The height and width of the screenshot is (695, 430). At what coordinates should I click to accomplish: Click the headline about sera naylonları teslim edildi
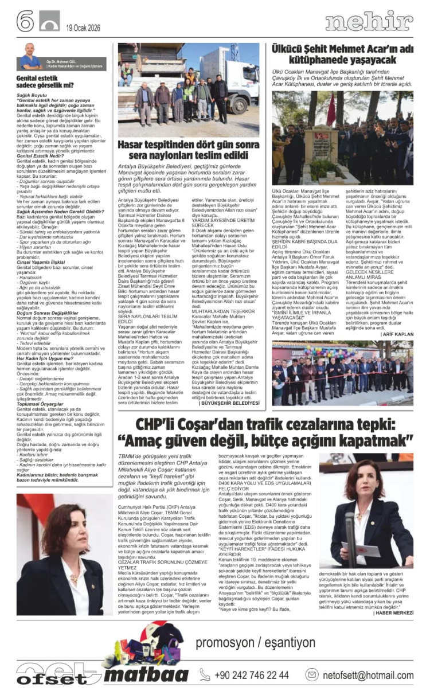coord(190,150)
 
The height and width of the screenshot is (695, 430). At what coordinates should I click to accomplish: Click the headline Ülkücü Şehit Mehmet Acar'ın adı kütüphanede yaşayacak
coord(343,56)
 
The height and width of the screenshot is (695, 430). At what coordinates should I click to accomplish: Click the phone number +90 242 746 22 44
coord(252,675)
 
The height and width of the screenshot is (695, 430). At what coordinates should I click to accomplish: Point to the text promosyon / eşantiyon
coord(263,642)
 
